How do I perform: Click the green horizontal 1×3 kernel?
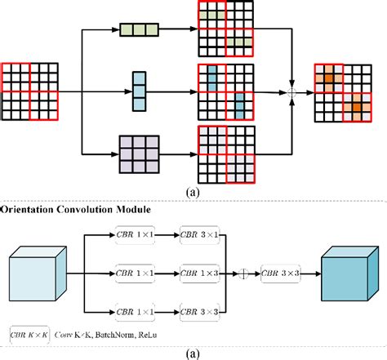[x=140, y=29]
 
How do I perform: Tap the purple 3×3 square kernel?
[x=138, y=153]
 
